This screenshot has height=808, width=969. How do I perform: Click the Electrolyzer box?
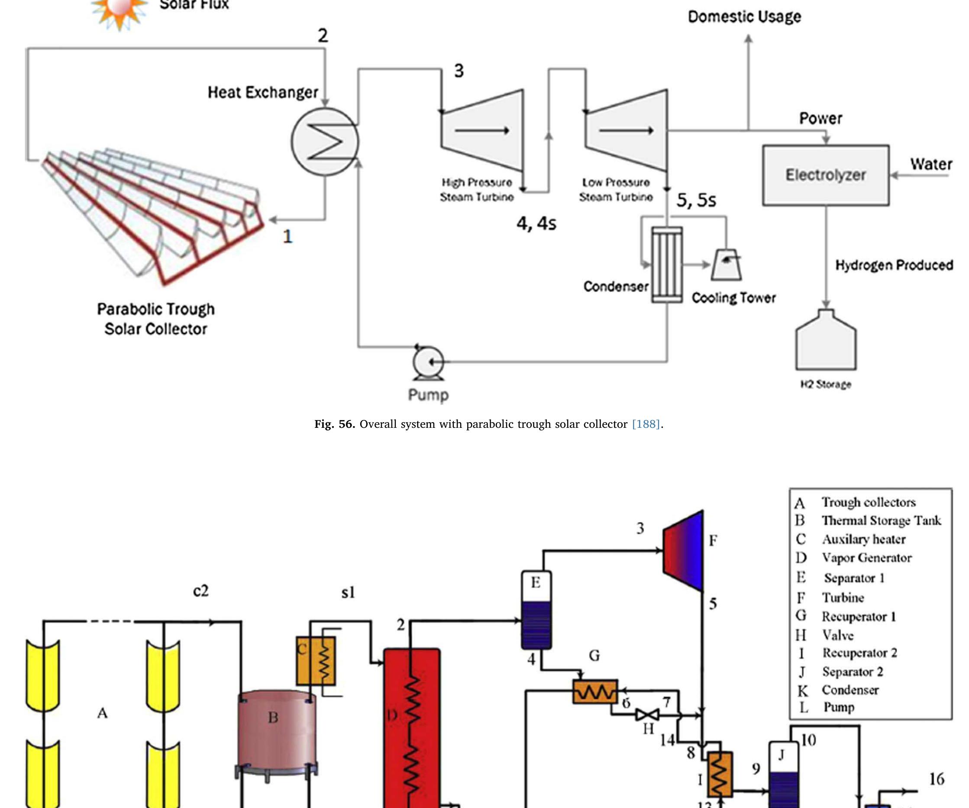tap(826, 175)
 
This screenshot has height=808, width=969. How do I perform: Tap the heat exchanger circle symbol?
tap(325, 141)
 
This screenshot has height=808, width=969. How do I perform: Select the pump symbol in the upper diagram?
tap(428, 363)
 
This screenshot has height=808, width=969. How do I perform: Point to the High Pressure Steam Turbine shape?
tap(483, 131)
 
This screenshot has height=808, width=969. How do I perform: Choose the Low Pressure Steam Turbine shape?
tap(627, 131)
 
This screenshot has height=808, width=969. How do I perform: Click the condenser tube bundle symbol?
tap(667, 265)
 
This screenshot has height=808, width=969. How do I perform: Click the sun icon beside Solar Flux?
tap(119, 10)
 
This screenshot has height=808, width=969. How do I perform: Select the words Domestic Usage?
tap(744, 16)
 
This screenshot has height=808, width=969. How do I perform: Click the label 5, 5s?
tap(696, 200)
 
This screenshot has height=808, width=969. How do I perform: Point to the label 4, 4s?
tap(536, 224)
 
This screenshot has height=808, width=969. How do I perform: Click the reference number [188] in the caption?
tap(646, 424)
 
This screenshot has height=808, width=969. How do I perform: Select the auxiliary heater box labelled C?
tap(316, 661)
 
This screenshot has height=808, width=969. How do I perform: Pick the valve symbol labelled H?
tap(647, 715)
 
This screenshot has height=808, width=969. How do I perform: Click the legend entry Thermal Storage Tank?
tap(880, 520)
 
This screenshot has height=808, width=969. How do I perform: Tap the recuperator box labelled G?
tap(595, 691)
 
